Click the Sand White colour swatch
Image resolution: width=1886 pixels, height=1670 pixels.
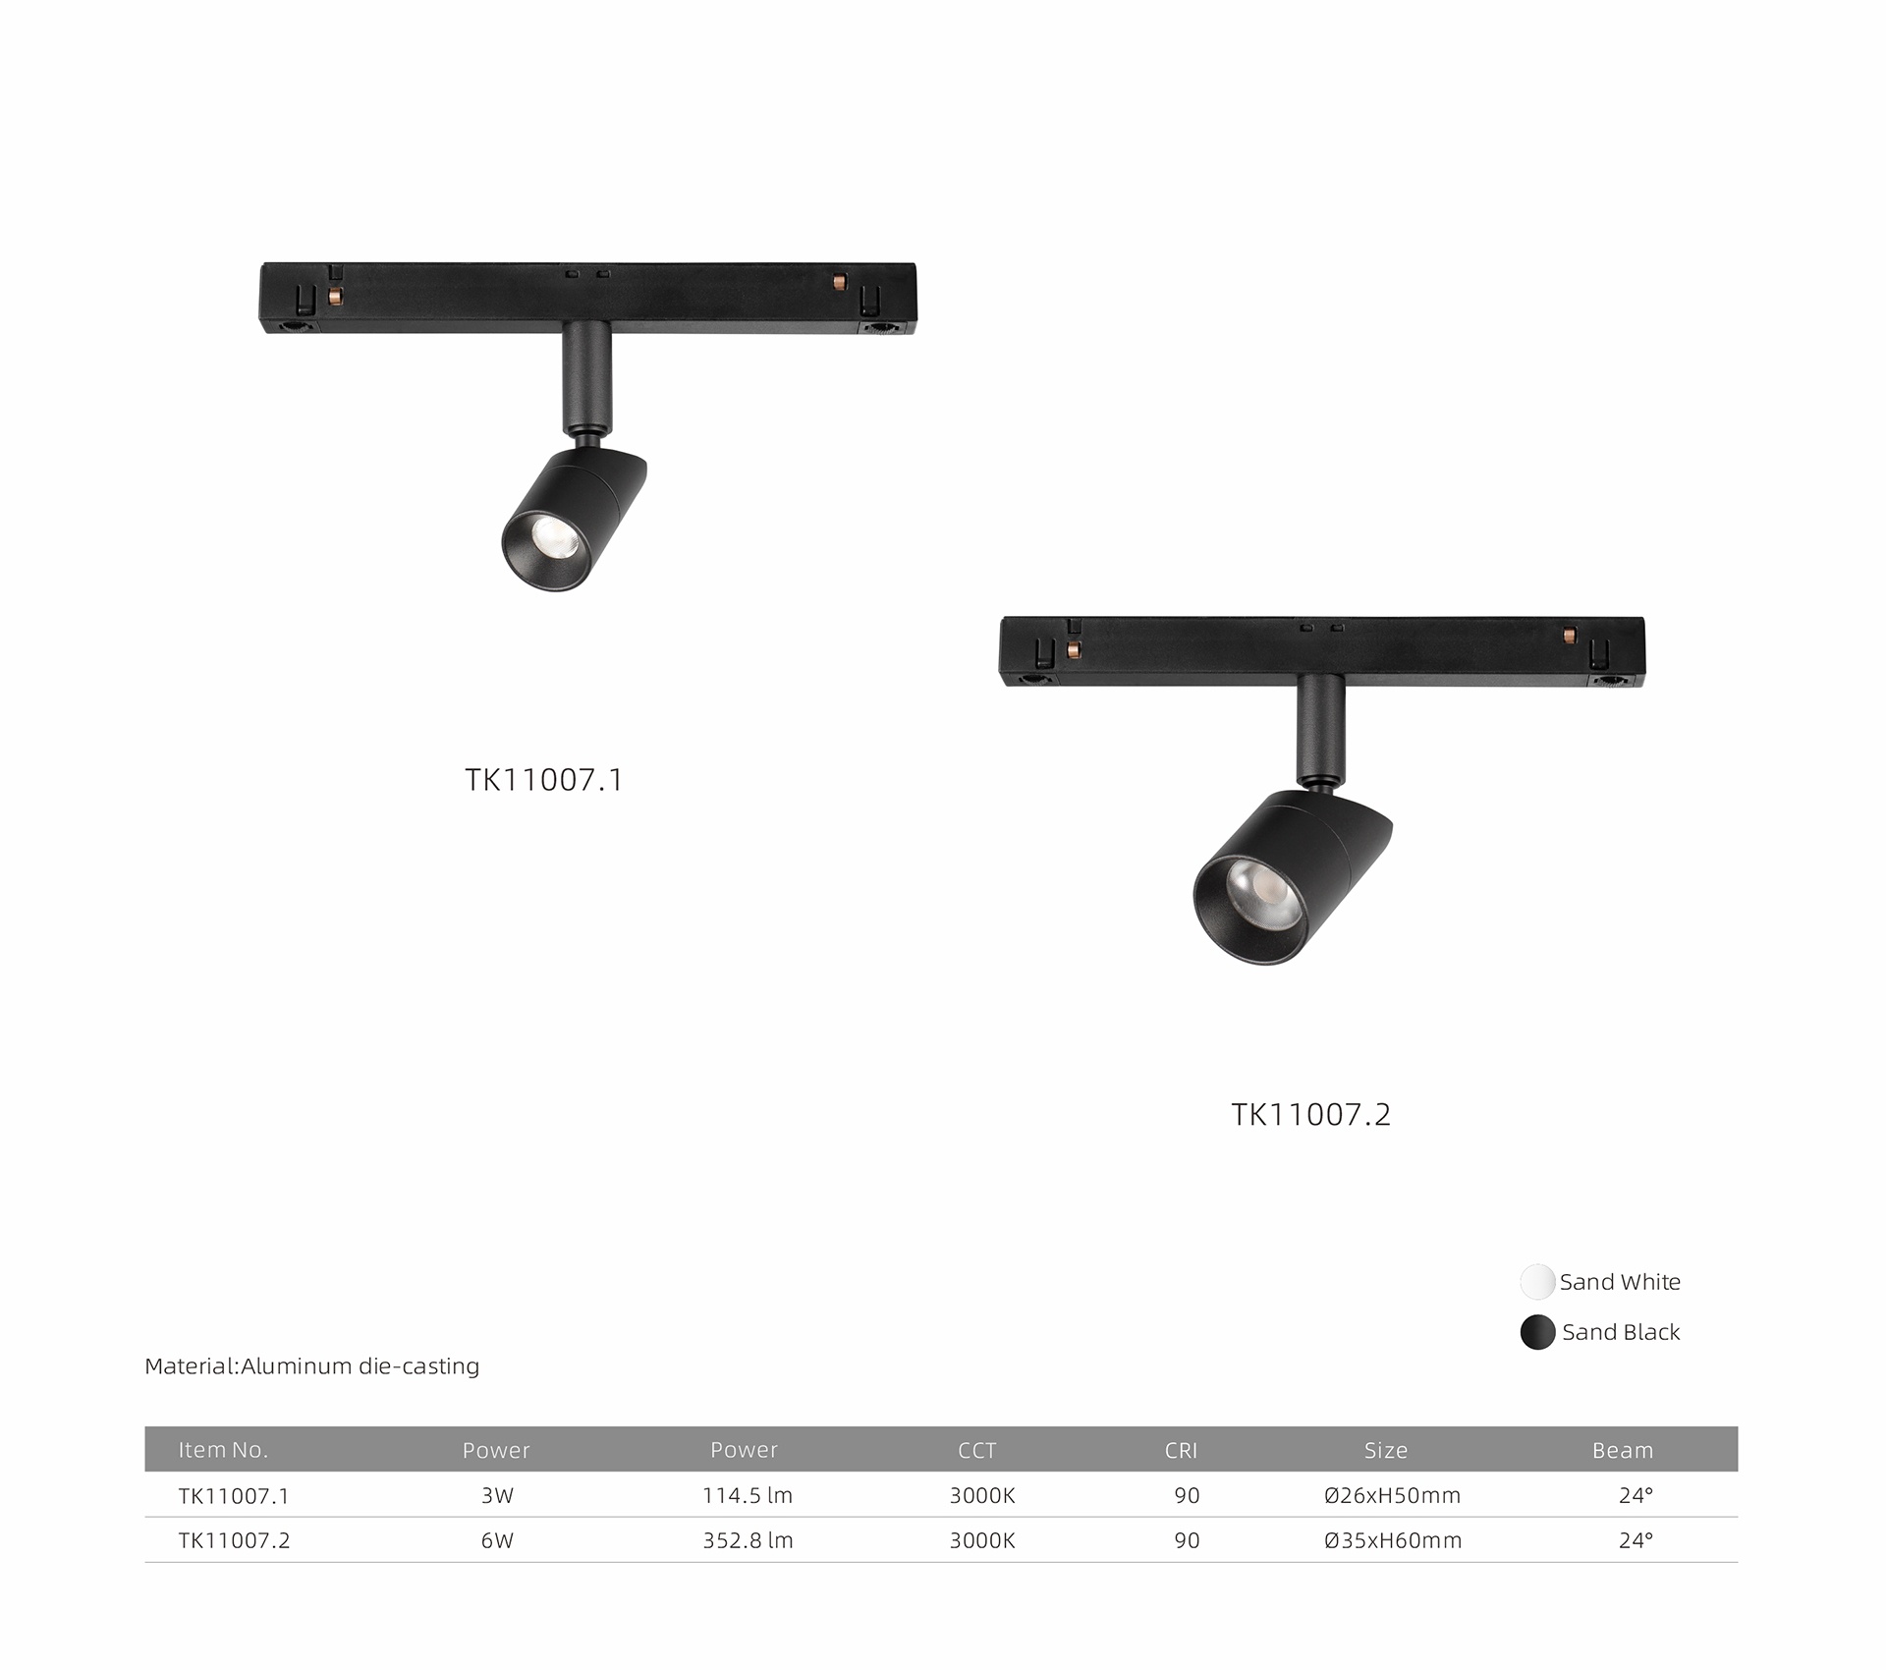[1537, 1282]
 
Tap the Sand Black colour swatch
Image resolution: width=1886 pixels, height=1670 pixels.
[1537, 1332]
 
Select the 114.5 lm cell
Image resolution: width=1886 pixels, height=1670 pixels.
[748, 1495]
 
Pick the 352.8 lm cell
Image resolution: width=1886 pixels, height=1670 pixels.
[748, 1540]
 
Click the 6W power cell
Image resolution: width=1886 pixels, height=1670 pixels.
[497, 1540]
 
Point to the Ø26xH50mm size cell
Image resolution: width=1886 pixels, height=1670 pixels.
[1392, 1495]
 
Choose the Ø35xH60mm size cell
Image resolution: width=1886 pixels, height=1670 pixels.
[1393, 1540]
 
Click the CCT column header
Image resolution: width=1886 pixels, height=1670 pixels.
[977, 1450]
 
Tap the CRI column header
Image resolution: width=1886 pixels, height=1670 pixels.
[1181, 1450]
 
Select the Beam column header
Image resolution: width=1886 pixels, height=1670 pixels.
[1623, 1450]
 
